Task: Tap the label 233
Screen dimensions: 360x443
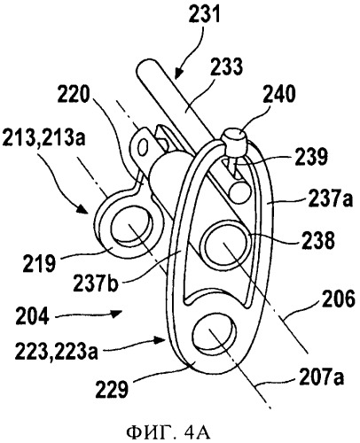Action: [227, 66]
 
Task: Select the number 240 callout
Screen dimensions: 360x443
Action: [279, 94]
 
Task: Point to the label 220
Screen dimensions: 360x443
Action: [73, 95]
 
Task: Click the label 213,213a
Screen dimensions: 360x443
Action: [43, 137]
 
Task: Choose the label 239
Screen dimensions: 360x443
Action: [312, 156]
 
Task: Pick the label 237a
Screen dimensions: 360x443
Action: [331, 198]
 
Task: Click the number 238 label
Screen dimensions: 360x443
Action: [318, 240]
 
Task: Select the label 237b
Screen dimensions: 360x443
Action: [96, 284]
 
